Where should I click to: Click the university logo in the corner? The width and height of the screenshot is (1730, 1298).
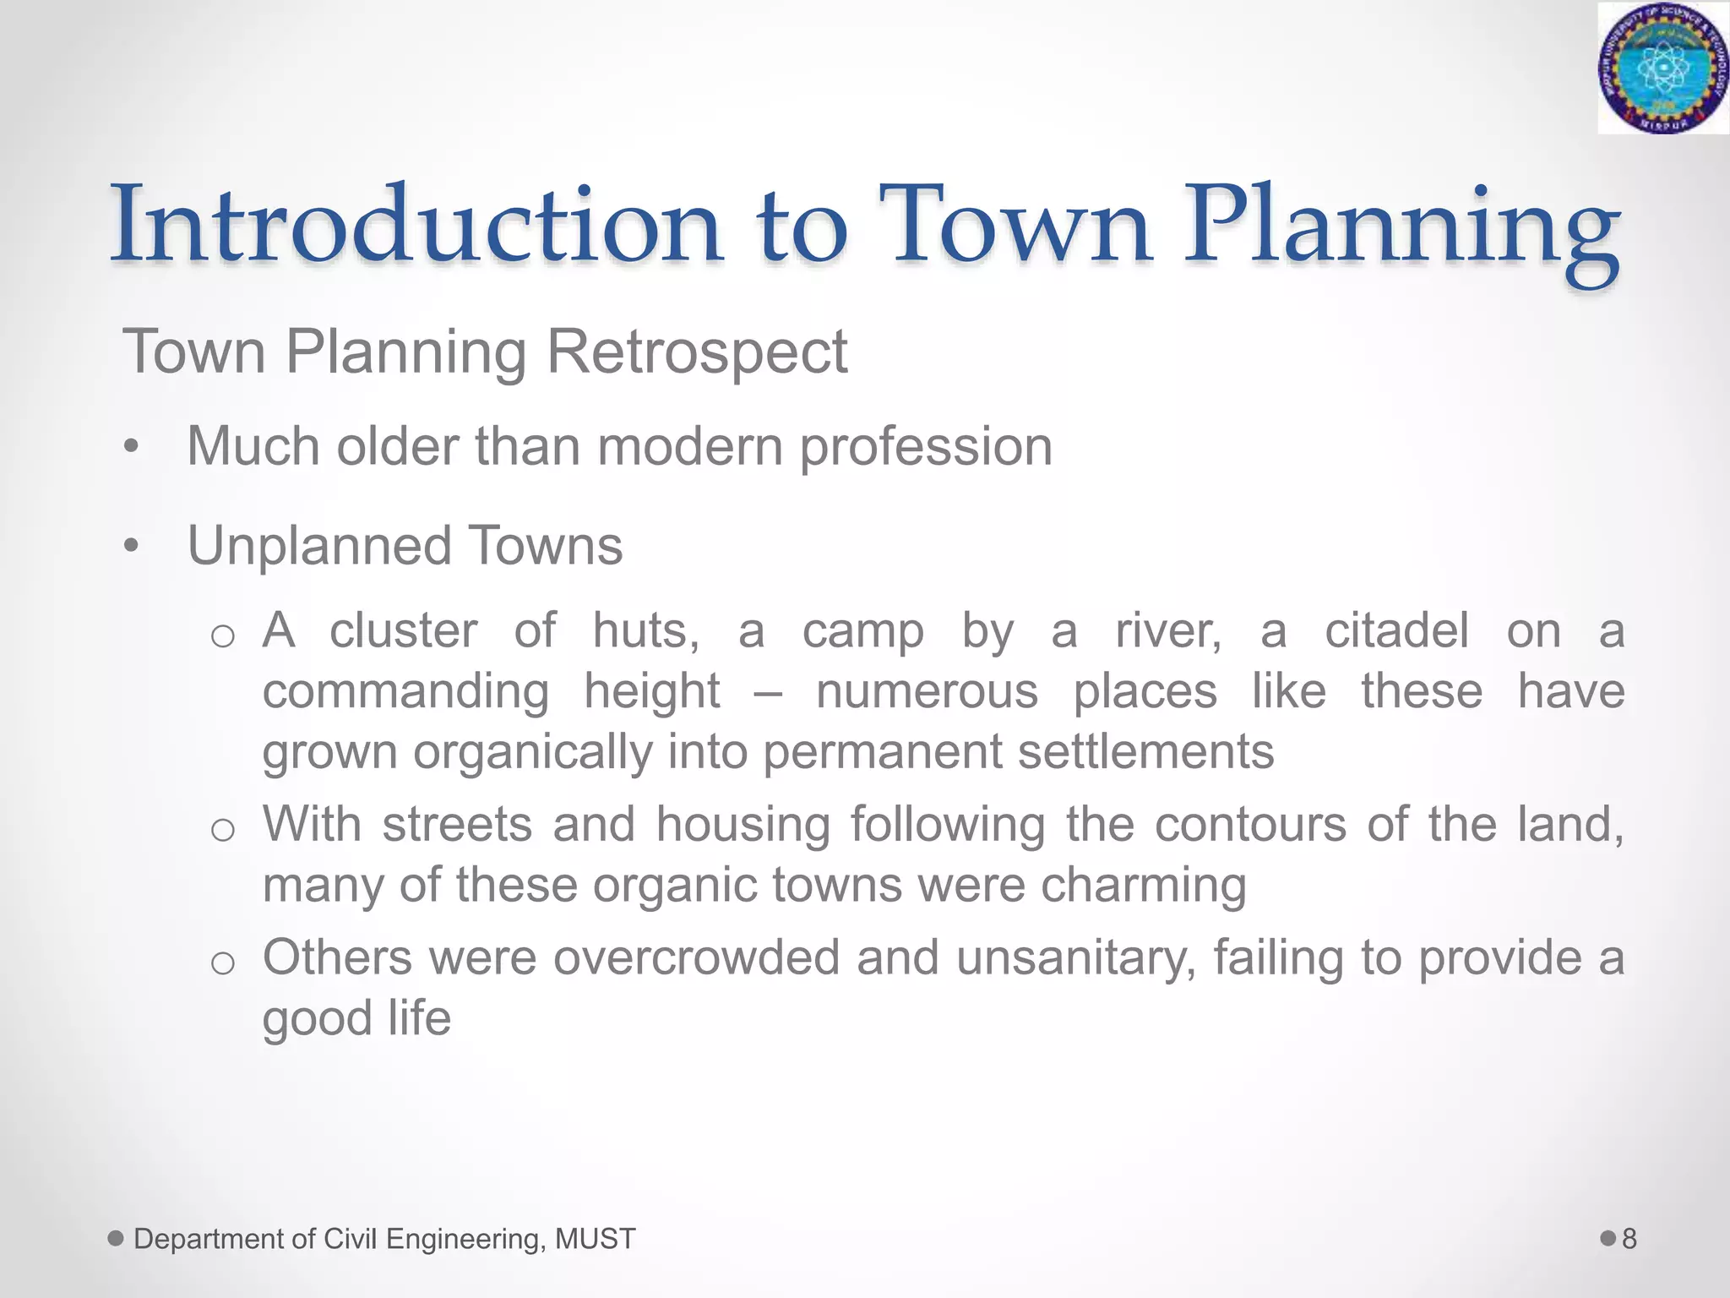(x=1662, y=68)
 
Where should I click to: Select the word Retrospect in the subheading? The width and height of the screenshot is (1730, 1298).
(x=697, y=352)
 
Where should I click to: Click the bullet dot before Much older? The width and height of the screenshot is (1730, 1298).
(x=130, y=447)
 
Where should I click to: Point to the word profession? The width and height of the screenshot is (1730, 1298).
(x=926, y=447)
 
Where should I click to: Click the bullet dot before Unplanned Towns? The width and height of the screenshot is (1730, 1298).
(x=130, y=547)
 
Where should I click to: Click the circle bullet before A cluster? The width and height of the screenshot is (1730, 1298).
(x=222, y=635)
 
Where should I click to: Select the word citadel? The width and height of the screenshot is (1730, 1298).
(x=1396, y=630)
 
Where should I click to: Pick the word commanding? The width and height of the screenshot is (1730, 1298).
(x=405, y=691)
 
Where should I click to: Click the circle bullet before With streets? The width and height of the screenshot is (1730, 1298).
(x=222, y=829)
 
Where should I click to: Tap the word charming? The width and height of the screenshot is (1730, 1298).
(x=1143, y=885)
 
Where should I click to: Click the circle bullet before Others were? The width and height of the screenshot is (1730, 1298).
(x=222, y=963)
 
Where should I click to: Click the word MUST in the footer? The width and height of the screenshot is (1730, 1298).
(x=595, y=1239)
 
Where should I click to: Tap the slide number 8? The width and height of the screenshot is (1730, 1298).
(x=1629, y=1239)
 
